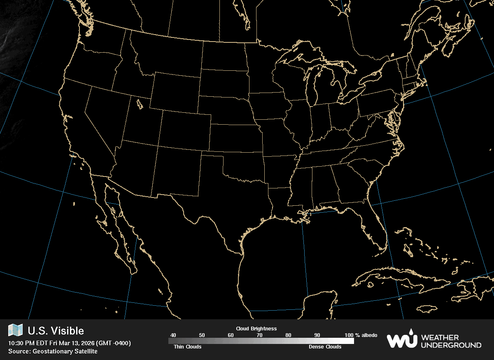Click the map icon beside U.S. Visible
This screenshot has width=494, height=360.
point(15,330)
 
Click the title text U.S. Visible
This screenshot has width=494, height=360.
point(56,331)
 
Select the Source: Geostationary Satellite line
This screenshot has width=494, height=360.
point(53,351)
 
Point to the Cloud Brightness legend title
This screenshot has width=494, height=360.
point(256,329)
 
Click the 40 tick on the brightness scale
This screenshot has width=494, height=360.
point(173,335)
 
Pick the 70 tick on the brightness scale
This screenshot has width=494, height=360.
point(259,335)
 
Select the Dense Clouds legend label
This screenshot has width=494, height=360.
point(325,347)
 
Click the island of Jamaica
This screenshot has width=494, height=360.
point(429,309)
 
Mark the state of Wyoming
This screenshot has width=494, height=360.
point(175,93)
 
